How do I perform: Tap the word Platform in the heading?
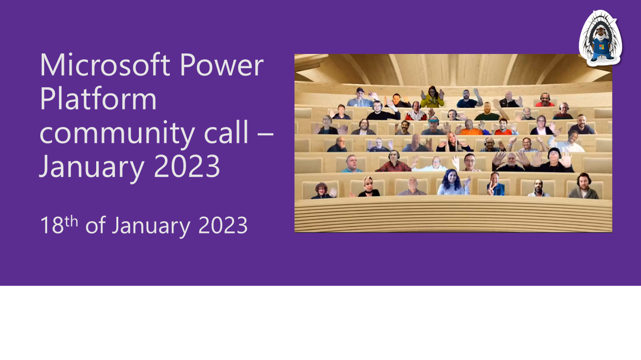coord(98,99)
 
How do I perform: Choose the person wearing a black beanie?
coord(554,159)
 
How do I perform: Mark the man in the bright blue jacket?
coord(496,185)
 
